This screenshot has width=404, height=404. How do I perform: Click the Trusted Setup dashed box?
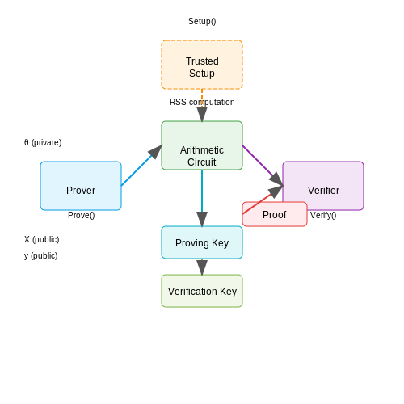[x=202, y=65]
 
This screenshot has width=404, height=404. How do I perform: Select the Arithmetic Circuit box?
[x=202, y=145]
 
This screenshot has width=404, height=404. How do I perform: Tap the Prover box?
[x=81, y=186]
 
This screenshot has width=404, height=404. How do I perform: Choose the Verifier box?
[x=323, y=186]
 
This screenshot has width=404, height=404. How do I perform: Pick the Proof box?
[x=275, y=214]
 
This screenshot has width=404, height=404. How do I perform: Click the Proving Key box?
[x=202, y=242]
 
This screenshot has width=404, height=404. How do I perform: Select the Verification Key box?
[x=202, y=291]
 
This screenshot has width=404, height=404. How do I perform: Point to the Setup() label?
[x=202, y=21]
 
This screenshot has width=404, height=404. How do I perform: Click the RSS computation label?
[x=202, y=102]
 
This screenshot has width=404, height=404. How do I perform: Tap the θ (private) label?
[x=43, y=142]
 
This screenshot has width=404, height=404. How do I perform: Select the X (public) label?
[x=42, y=239]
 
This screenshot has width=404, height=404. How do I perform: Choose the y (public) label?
[x=41, y=255]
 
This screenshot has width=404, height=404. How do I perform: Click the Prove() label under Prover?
[x=82, y=215]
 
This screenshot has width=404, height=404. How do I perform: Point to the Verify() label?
[x=323, y=215]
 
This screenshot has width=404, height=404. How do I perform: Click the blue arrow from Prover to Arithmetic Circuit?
[x=141, y=166]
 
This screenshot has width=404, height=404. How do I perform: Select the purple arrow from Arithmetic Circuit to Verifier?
[x=263, y=166]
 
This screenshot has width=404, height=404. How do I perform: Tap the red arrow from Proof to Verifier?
[x=263, y=200]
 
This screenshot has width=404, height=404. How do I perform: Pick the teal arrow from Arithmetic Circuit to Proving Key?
[x=202, y=198]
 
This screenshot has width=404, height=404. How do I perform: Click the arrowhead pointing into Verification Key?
[x=202, y=267]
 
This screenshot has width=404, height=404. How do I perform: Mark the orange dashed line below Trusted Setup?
[x=202, y=98]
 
